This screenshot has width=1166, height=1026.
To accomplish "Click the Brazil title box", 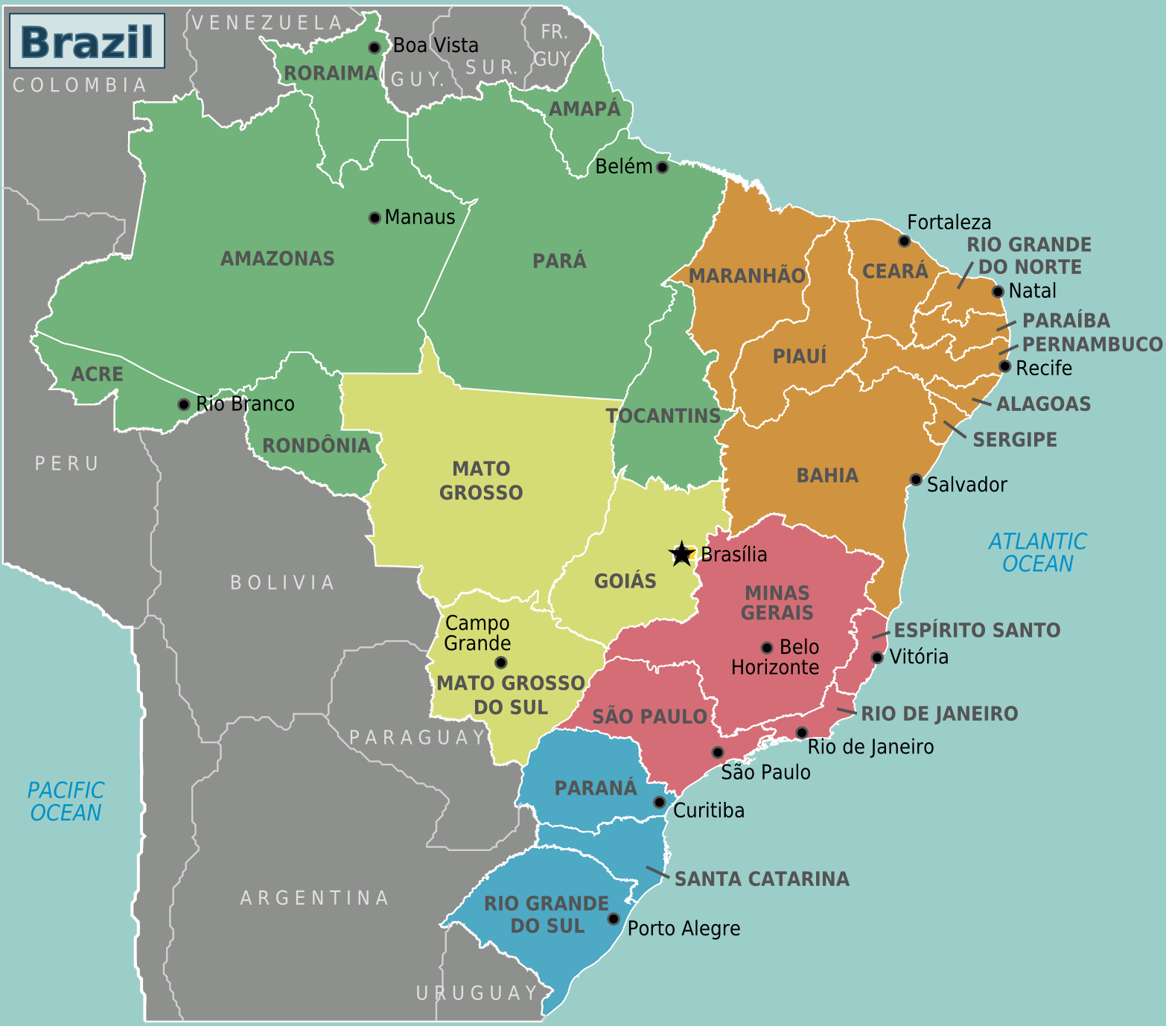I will point(86,41).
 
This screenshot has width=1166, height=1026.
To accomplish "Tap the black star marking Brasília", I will point(681,554).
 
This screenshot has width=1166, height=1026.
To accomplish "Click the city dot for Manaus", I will point(375,217).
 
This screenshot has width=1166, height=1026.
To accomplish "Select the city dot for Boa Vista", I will point(375,48).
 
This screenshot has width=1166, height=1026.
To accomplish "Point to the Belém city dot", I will point(662,167).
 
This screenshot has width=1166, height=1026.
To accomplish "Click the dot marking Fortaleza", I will point(904,240).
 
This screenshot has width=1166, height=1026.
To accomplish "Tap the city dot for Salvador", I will point(917,479).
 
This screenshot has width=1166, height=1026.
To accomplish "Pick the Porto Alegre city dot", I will point(614,919).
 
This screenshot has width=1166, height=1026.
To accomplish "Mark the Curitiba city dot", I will point(659,802).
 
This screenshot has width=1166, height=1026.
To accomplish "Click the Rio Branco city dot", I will point(183,404).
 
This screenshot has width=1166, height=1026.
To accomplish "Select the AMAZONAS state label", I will point(278,258).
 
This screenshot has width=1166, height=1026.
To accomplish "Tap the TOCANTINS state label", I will point(663,415).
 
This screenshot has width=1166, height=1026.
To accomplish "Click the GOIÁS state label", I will point(625,581).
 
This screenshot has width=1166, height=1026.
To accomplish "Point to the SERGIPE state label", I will point(1015,439).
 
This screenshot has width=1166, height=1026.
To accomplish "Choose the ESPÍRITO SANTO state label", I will point(977,630).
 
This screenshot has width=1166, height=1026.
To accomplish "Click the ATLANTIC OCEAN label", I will point(1037,552).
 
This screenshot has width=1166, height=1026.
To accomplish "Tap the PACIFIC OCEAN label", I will point(66,801).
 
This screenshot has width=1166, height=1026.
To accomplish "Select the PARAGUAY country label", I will point(418,737).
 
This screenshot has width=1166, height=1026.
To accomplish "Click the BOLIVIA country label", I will point(283,582).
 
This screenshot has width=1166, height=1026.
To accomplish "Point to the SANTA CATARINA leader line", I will point(657,873).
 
